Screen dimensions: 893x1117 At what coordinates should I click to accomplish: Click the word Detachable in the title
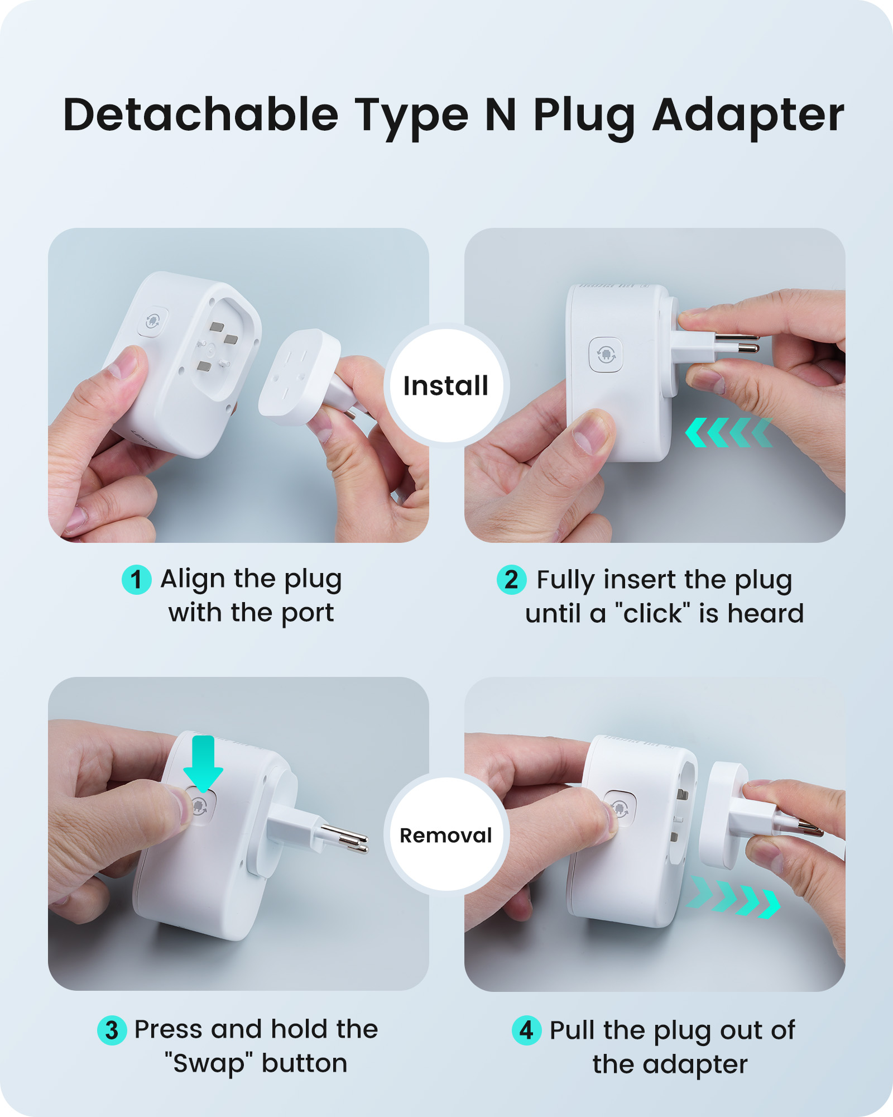tap(201, 114)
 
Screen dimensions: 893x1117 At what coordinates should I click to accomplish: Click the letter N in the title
tap(501, 115)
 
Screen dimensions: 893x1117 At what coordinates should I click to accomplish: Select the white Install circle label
tap(446, 385)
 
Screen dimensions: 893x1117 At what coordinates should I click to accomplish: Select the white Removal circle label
tap(446, 834)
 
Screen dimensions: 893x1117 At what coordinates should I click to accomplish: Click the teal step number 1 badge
tap(136, 580)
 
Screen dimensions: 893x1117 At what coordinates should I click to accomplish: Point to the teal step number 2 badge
tap(511, 580)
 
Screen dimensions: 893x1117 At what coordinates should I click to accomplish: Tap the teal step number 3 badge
tap(112, 1030)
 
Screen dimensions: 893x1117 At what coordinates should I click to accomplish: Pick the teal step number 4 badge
tap(526, 1030)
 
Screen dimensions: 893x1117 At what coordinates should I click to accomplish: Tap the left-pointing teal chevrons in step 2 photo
tap(729, 432)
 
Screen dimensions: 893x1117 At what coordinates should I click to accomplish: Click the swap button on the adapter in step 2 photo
tap(606, 354)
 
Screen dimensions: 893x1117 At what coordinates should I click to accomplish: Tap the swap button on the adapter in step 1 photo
tap(152, 321)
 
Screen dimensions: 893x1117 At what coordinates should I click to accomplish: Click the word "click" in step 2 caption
tap(652, 613)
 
